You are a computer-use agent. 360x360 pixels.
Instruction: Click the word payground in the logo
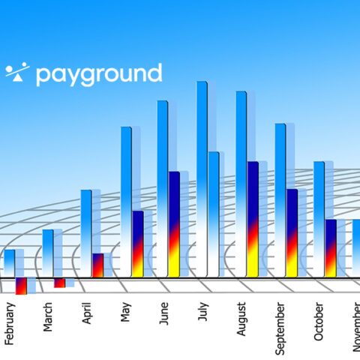pos(99,74)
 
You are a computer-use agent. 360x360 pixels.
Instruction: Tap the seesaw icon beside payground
pos(17,72)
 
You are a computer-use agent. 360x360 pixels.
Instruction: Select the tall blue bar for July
pos(202,179)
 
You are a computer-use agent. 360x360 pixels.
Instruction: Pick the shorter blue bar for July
pos(214,214)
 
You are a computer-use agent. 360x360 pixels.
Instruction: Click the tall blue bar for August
pos(241,184)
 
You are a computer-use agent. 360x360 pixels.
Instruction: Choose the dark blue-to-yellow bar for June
pos(174,224)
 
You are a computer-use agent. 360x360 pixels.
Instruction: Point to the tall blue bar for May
pos(126,202)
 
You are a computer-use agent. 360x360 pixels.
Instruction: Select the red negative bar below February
pos(21,286)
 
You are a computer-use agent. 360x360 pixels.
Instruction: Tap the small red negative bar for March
pos(60,283)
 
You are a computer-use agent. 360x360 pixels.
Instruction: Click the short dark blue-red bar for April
pos(98,265)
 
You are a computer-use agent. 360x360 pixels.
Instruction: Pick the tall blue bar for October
pos(319,219)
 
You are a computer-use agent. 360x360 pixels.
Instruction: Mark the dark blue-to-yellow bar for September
pos(292,233)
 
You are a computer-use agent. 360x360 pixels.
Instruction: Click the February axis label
pos(10,324)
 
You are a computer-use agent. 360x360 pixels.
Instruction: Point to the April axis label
pos(87,313)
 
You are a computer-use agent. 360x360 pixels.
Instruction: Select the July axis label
pos(203,311)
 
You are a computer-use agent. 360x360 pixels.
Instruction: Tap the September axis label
pos(280,328)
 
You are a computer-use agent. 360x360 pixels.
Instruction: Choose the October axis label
pos(319,322)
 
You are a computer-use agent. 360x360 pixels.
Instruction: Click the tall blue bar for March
pos(48,253)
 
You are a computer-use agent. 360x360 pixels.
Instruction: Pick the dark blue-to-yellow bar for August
pos(253,219)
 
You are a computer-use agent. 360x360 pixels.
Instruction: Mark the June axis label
pos(164,313)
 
